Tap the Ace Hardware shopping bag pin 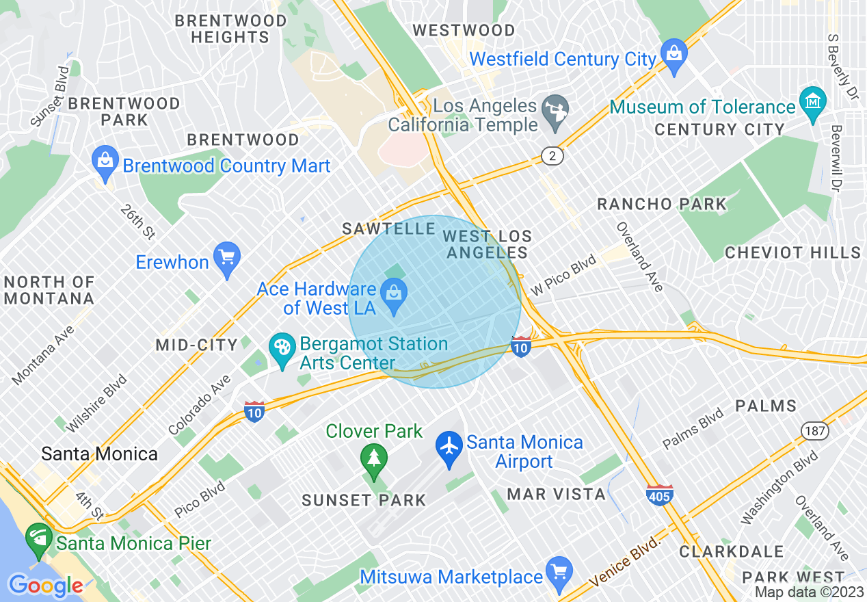[395, 296]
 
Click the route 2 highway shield [552, 157]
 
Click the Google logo [45, 586]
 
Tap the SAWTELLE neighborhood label [388, 228]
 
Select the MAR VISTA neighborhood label [556, 494]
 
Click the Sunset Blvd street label [51, 96]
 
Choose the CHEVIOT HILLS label [792, 252]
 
